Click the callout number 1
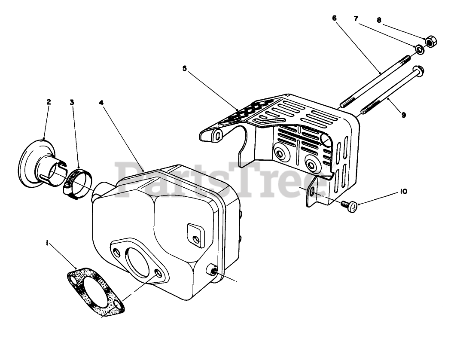point(47,243)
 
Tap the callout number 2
point(49,102)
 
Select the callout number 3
point(72,102)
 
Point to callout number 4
point(101,102)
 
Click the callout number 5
point(184,68)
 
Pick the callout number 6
point(334,18)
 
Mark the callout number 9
point(403,115)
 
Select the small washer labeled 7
point(420,50)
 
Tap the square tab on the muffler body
point(195,233)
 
